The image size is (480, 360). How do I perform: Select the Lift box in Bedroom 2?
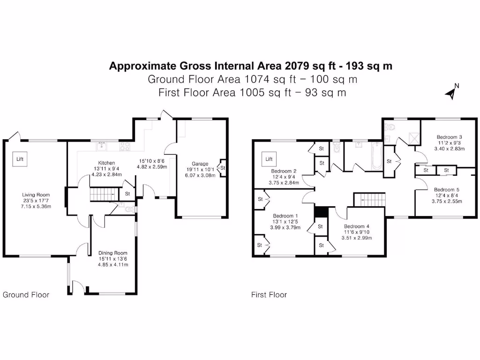point(269,159)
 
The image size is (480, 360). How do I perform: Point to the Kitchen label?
point(103,163)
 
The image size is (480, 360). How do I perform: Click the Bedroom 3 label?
point(446,137)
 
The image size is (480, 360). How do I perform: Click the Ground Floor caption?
point(26,295)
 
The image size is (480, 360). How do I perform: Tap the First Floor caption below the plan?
point(269,295)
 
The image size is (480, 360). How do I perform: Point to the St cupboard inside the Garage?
point(222,167)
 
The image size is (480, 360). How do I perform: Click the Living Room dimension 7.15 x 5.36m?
point(36,207)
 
